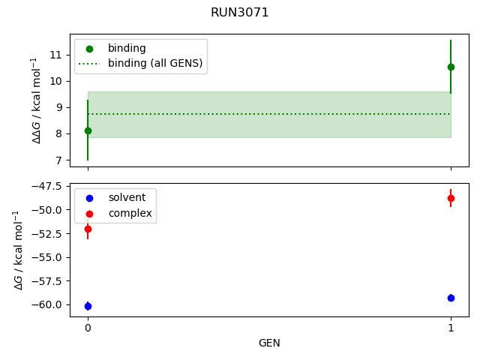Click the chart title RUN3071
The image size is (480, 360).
pos(240,12)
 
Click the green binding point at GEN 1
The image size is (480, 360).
pos(451,67)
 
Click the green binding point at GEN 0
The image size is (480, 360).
pos(88,130)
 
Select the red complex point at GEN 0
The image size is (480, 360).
pos(88,229)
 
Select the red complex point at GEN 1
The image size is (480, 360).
pos(451,198)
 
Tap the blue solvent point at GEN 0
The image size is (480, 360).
pos(88,306)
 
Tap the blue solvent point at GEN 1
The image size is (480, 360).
pos(451,298)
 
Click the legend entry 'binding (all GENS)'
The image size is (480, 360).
pos(155,63)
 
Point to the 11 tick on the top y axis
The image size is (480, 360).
pos(55,55)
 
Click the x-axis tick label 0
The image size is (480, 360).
pos(88,328)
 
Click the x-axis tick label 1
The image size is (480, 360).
pos(451,328)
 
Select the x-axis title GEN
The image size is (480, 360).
pos(269,343)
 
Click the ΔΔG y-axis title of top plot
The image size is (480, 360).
pos(35,100)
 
